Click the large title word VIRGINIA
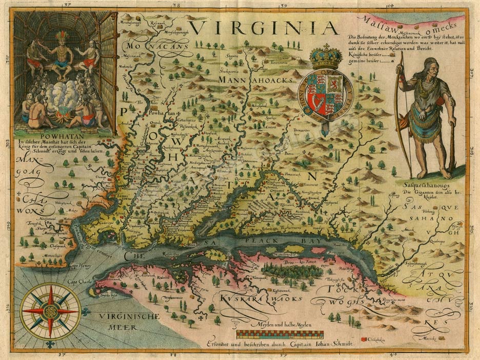click(265, 27)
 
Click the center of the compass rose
click(51, 311)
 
